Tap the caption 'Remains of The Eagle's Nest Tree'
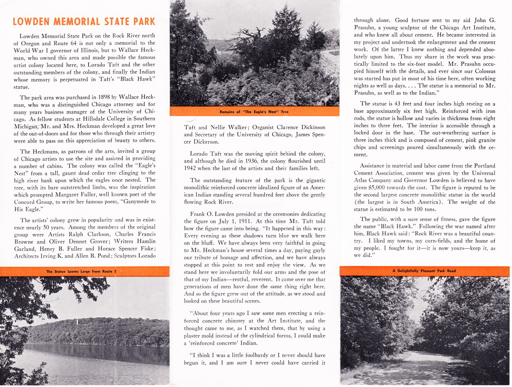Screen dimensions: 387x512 tap(254, 112)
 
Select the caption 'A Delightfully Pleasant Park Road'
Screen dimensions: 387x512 tap(424, 271)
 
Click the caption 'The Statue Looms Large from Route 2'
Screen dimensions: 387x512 tap(81, 271)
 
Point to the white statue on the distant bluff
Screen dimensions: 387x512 tap(77, 322)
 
